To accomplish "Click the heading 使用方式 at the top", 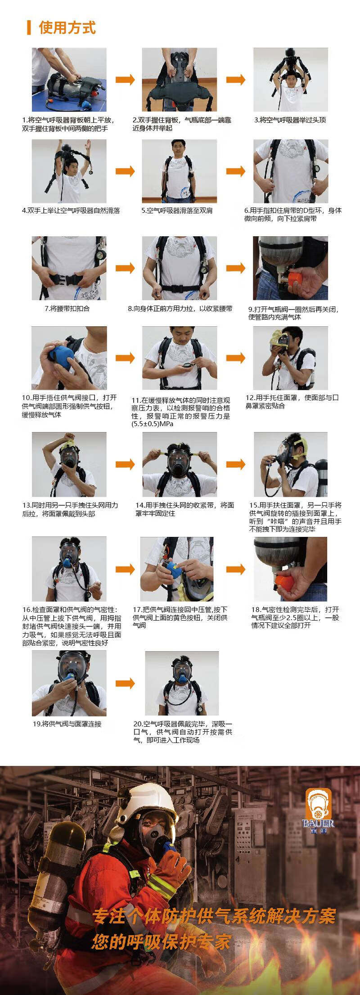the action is [67, 27].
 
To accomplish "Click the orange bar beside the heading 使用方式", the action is [29, 27].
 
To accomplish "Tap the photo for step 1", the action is [69, 80].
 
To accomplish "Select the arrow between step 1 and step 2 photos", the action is [125, 80].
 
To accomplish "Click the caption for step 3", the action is [290, 120].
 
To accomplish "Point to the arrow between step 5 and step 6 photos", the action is [236, 171].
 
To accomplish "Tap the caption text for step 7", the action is [67, 309].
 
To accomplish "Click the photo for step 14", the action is [180, 464].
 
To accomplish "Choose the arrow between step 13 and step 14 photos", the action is [125, 464].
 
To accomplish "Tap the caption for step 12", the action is [292, 402].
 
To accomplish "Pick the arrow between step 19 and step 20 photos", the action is [125, 683].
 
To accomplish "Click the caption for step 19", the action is [67, 724].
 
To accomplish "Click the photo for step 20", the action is [182, 683].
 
